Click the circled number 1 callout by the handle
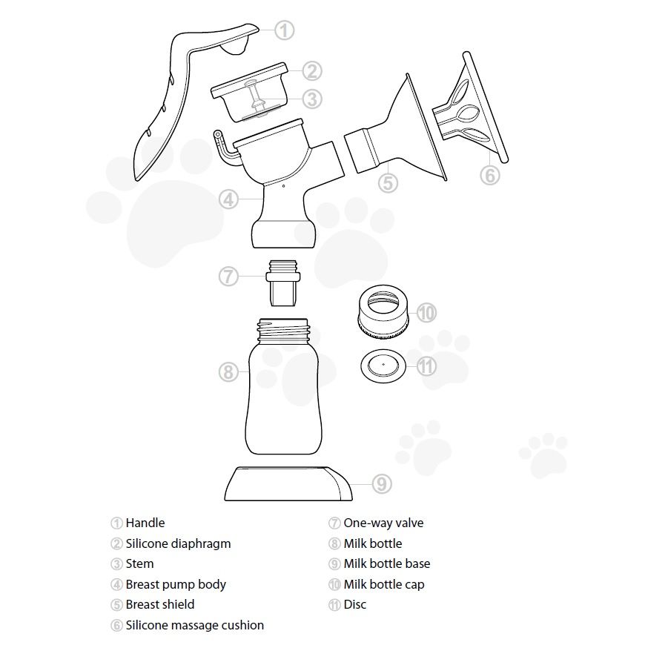(285, 30)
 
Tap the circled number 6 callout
(490, 175)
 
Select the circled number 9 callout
(381, 484)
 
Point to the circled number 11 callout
(426, 365)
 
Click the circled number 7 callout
(228, 277)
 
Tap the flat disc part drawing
(383, 365)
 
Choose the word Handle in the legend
(145, 523)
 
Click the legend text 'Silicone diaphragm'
(178, 543)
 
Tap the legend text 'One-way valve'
(383, 523)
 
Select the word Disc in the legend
(354, 605)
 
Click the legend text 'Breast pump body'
(176, 584)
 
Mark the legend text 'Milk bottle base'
(386, 564)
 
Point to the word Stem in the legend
(139, 564)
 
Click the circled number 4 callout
(229, 199)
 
